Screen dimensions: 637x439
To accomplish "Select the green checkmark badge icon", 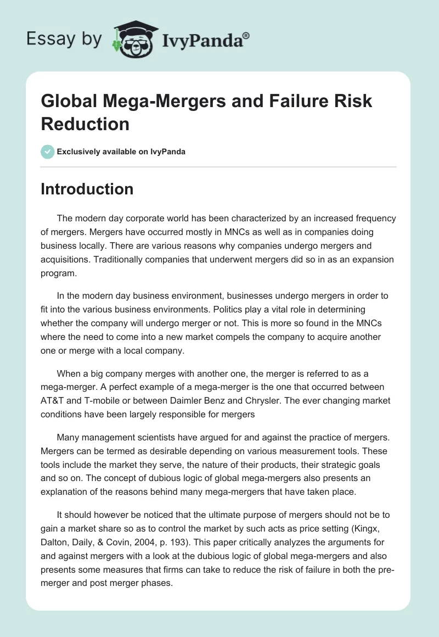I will pos(48,152).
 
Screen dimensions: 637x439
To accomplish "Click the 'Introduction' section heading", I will pos(87,189).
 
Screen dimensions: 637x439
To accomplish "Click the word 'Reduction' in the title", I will pos(85,124).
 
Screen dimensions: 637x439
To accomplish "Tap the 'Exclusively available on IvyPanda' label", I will pos(121,152).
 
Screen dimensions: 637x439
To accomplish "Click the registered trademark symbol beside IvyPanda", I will pos(246,35).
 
